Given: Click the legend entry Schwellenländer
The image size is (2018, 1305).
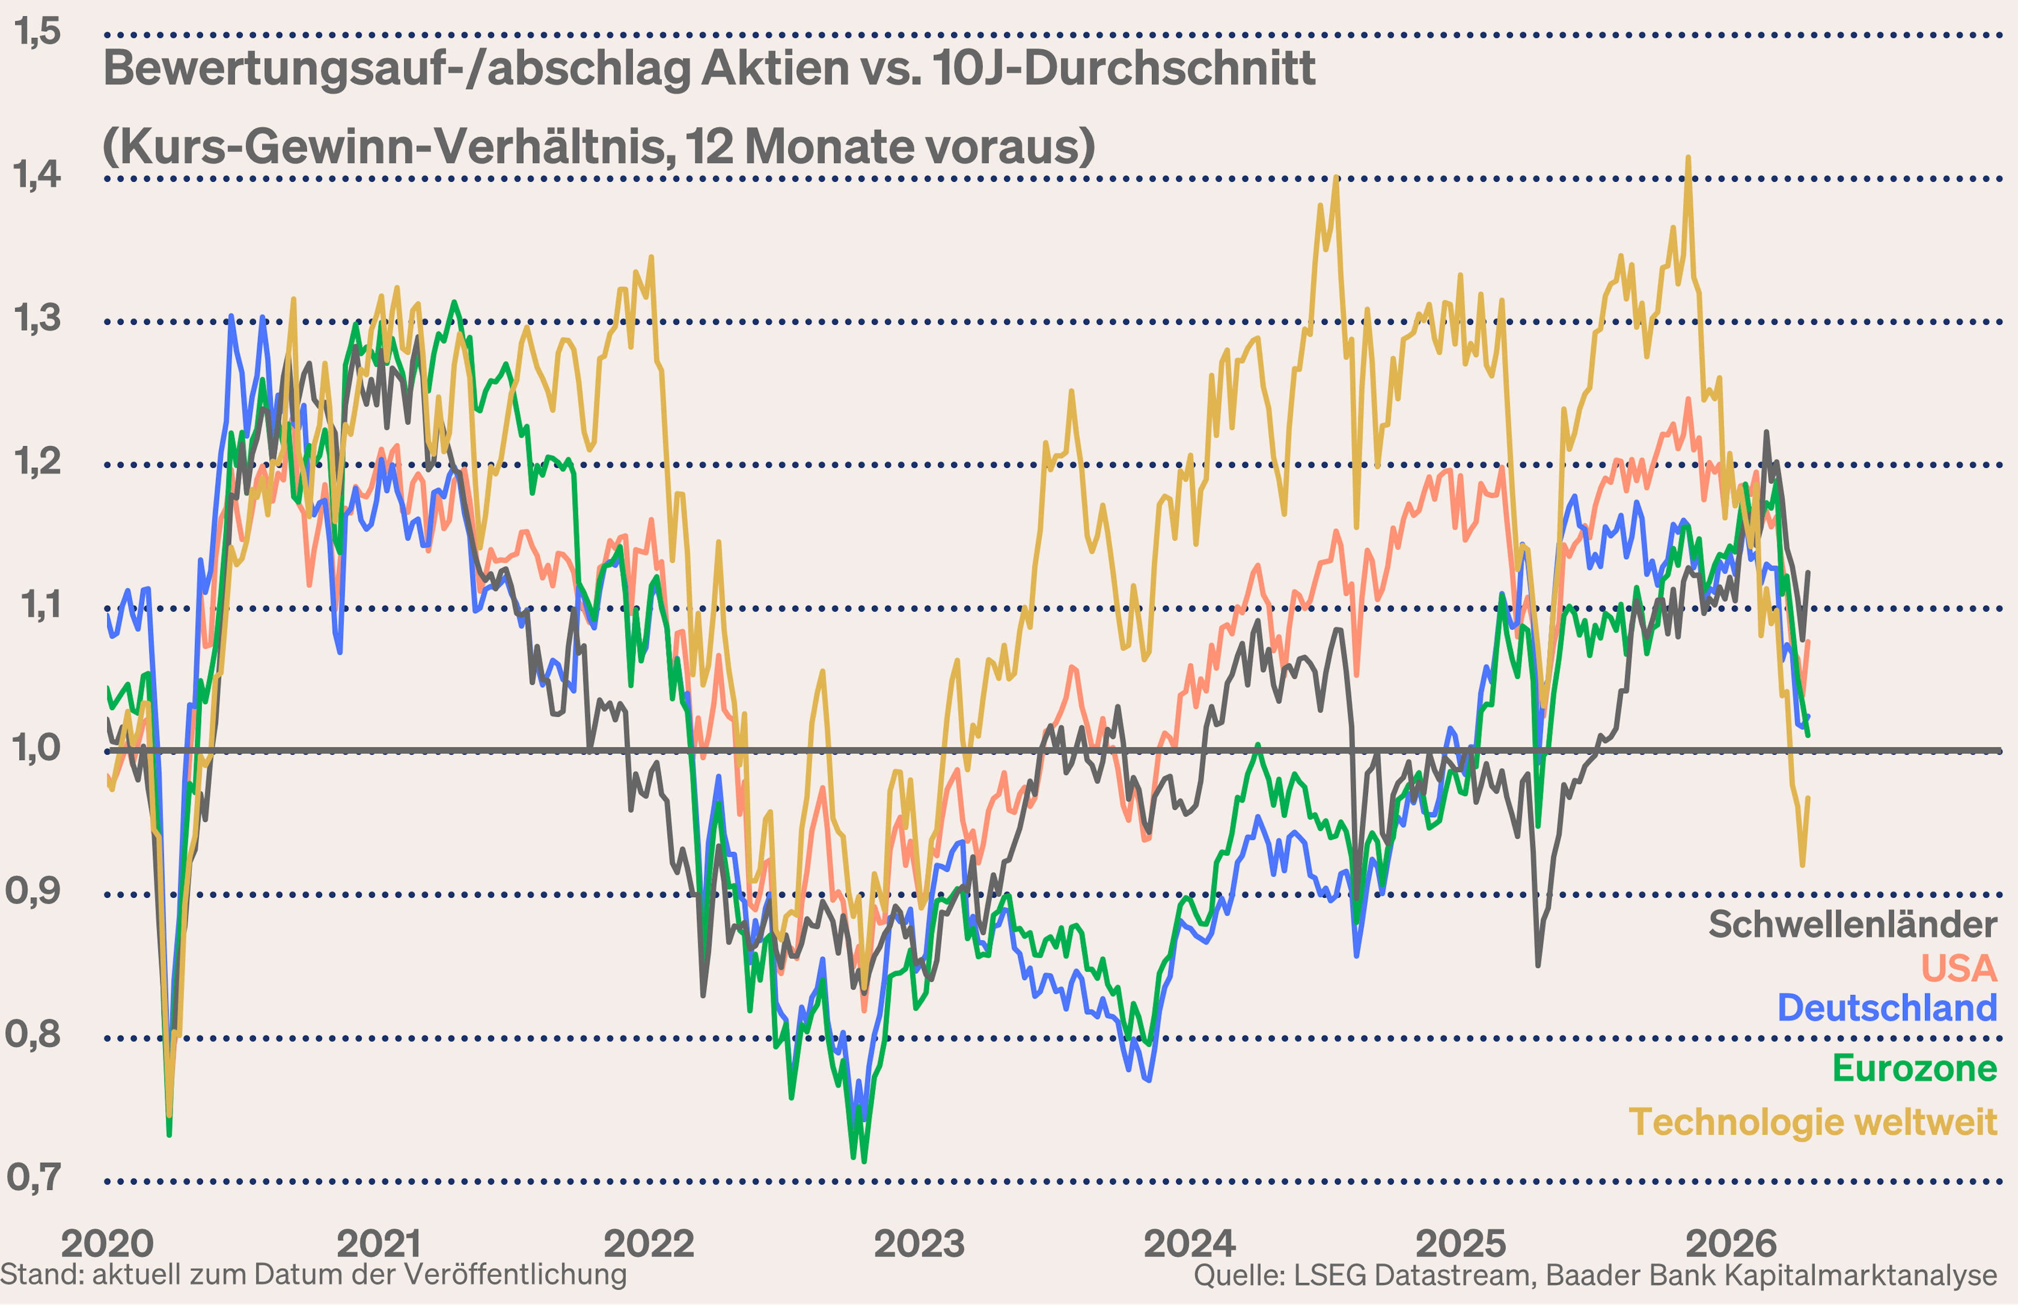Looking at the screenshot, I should [x=1852, y=924].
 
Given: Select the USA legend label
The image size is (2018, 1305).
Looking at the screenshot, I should [x=1958, y=969].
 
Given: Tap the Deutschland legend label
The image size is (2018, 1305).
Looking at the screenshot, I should [x=1887, y=1009].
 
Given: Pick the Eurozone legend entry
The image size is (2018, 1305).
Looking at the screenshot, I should [x=1914, y=1068].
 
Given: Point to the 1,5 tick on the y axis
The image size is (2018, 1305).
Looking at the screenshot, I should [x=37, y=32].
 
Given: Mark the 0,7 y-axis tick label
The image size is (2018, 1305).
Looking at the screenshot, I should [x=34, y=1177].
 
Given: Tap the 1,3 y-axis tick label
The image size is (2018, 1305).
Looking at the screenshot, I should [x=37, y=318].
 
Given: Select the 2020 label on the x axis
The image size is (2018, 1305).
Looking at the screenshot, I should [x=108, y=1243].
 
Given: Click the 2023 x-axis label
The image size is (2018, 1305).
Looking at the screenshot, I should [x=919, y=1243].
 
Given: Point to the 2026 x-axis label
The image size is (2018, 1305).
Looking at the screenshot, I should [x=1731, y=1243].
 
